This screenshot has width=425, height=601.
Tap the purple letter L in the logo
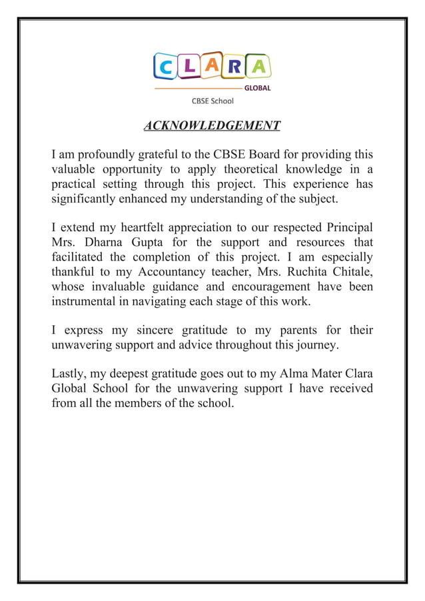(189, 66)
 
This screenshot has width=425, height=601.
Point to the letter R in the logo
(236, 66)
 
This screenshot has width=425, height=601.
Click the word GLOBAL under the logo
(258, 88)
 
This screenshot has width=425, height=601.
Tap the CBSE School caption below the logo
(212, 101)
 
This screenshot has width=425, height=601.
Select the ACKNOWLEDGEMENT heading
(212, 126)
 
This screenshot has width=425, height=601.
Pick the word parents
(294, 330)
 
